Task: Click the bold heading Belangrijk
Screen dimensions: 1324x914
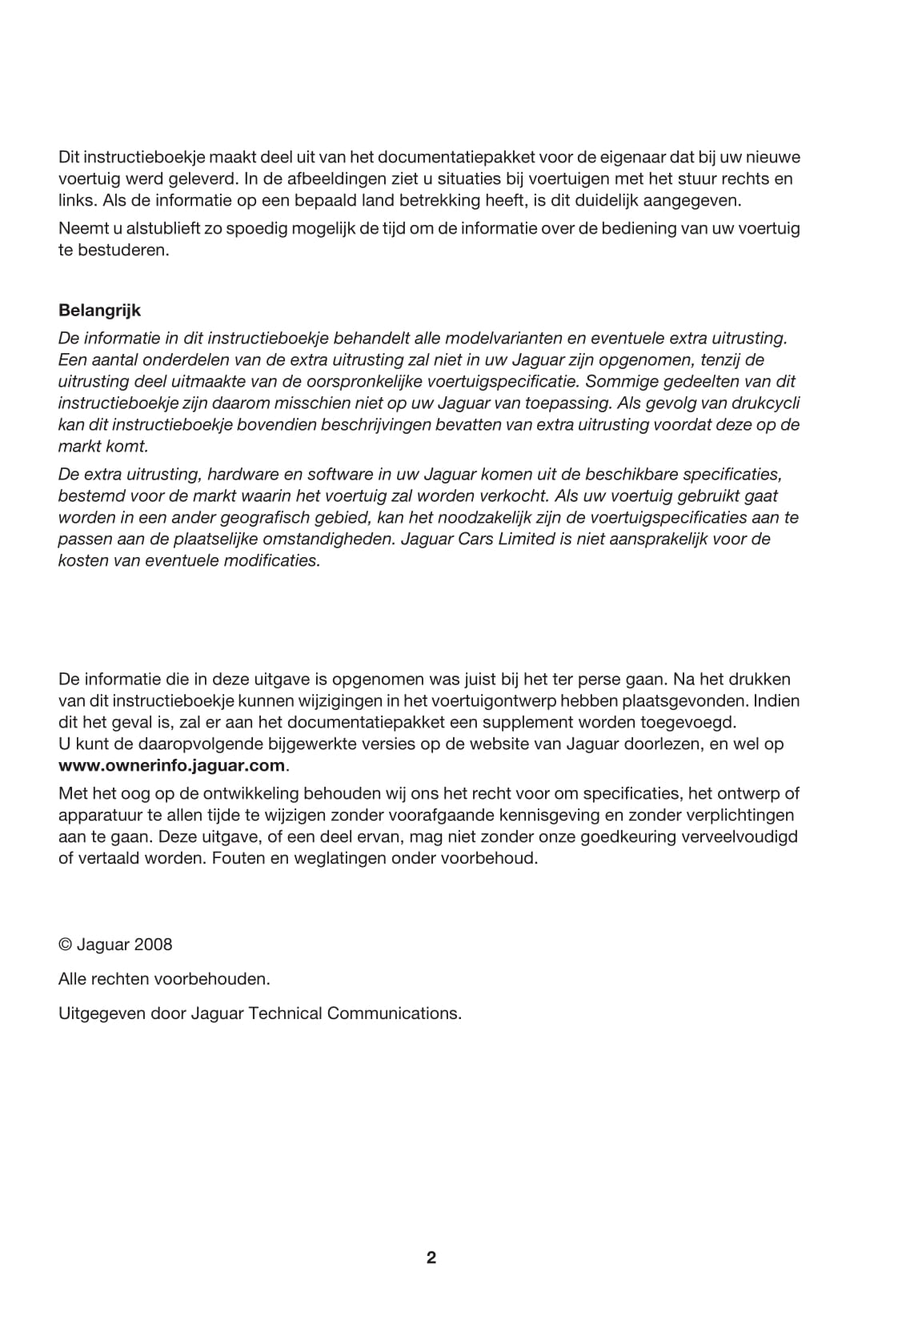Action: tap(99, 310)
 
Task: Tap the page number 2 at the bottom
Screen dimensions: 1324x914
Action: tap(431, 1258)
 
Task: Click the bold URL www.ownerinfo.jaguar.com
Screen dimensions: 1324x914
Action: tap(172, 765)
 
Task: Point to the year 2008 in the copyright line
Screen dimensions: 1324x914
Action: tap(154, 945)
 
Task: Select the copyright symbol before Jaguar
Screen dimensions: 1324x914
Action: tap(65, 945)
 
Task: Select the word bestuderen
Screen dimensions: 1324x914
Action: tap(123, 250)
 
